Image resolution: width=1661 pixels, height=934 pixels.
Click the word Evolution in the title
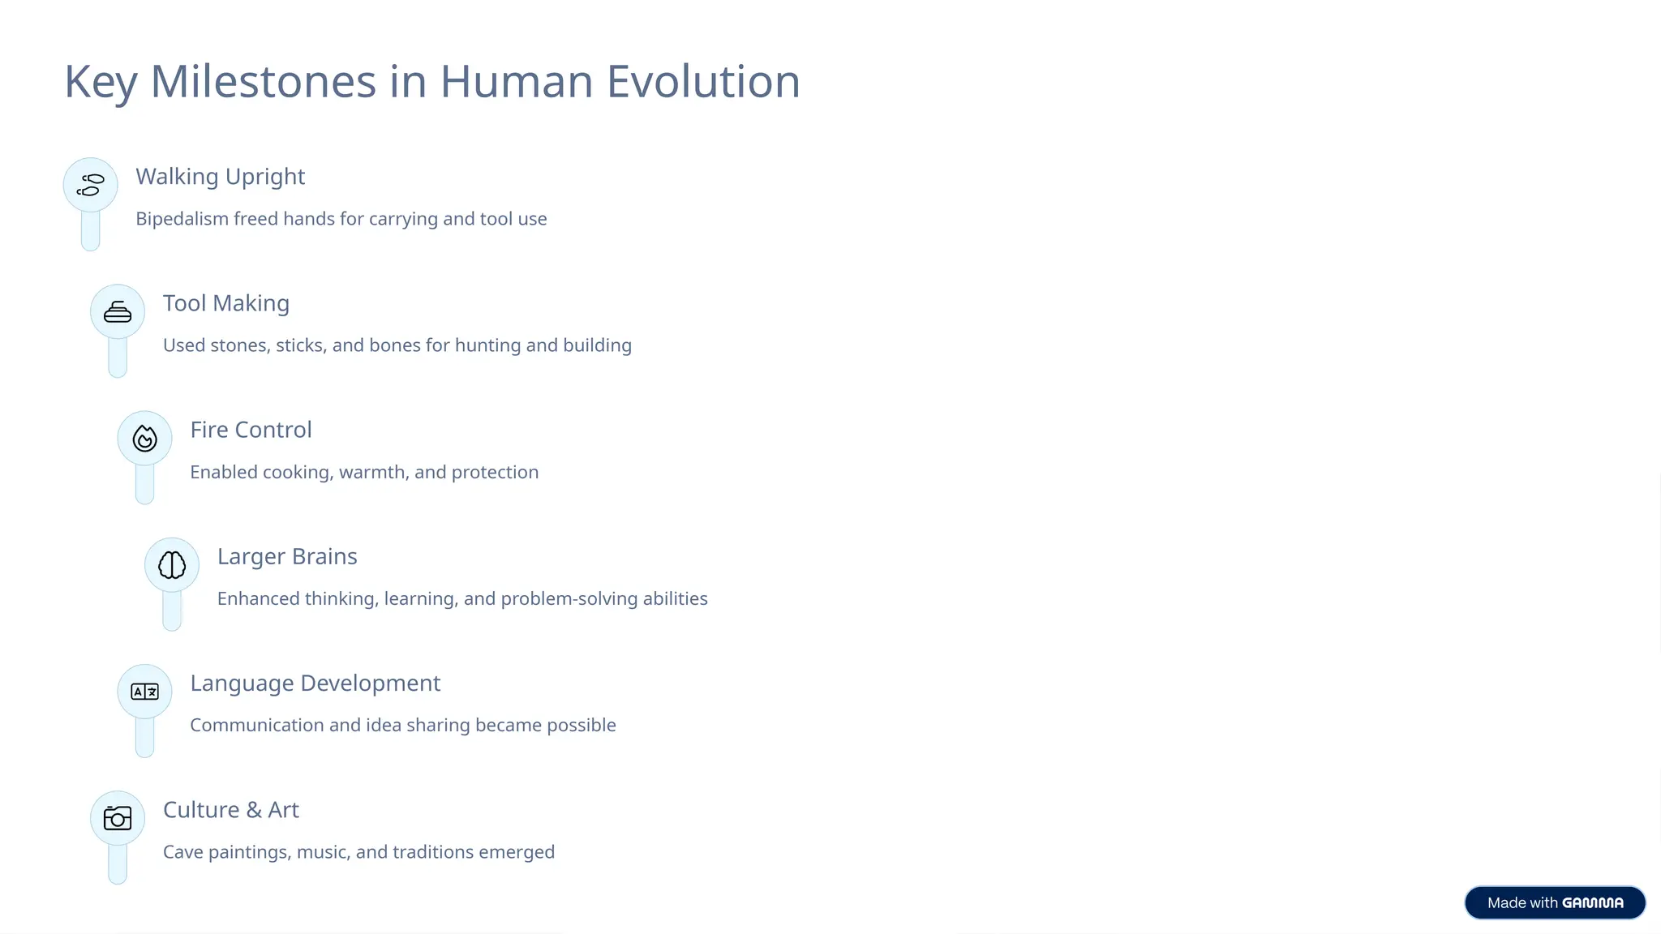point(702,82)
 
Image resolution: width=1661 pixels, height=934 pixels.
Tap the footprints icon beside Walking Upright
point(91,185)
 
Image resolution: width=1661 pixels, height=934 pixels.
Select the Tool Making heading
point(225,303)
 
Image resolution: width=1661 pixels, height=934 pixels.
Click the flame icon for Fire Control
point(144,439)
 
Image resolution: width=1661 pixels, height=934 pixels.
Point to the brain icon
point(172,565)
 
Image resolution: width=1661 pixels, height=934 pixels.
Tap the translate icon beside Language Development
point(144,692)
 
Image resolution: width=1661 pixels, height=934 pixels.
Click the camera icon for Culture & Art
point(118,818)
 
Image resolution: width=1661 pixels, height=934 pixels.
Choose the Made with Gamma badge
point(1554,902)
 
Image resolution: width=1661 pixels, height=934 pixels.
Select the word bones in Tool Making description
point(394,345)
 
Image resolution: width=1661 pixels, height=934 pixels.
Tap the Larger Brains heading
point(286,556)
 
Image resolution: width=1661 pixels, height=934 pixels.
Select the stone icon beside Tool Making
point(118,312)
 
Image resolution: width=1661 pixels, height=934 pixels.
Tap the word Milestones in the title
point(263,82)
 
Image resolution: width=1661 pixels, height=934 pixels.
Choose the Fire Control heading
point(251,430)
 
